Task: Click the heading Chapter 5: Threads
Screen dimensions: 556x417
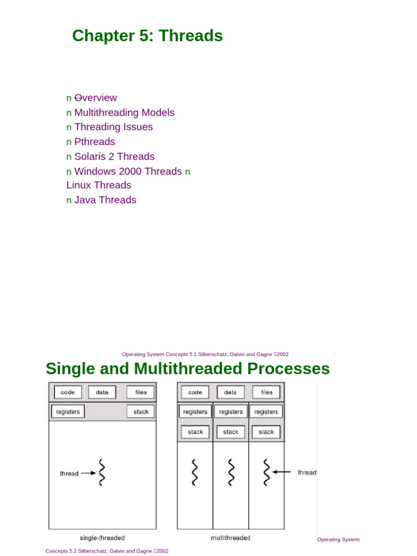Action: click(147, 36)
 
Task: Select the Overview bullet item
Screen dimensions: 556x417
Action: click(96, 98)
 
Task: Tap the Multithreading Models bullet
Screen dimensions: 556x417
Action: click(124, 112)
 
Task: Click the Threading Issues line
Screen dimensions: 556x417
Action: click(113, 127)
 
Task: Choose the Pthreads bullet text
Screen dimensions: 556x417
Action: click(94, 142)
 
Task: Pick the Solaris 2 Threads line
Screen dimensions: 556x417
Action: click(114, 156)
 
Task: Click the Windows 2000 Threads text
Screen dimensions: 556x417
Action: click(128, 171)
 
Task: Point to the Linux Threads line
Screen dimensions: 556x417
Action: click(99, 185)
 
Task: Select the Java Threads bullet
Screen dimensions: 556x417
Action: click(105, 200)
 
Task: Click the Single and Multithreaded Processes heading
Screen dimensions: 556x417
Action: click(187, 369)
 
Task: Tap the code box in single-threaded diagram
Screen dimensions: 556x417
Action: click(67, 392)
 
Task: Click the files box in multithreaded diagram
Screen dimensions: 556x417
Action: click(267, 392)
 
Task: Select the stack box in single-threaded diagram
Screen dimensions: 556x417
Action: click(141, 412)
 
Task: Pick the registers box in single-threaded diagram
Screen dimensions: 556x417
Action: click(68, 412)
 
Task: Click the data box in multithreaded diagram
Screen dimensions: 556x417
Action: click(231, 392)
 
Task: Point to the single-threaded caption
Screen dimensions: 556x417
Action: click(102, 538)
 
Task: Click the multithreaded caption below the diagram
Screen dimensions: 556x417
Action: click(230, 538)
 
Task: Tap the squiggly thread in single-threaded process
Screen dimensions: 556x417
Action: click(101, 472)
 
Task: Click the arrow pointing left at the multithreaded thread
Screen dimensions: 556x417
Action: click(282, 472)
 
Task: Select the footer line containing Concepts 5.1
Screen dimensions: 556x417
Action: click(205, 354)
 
